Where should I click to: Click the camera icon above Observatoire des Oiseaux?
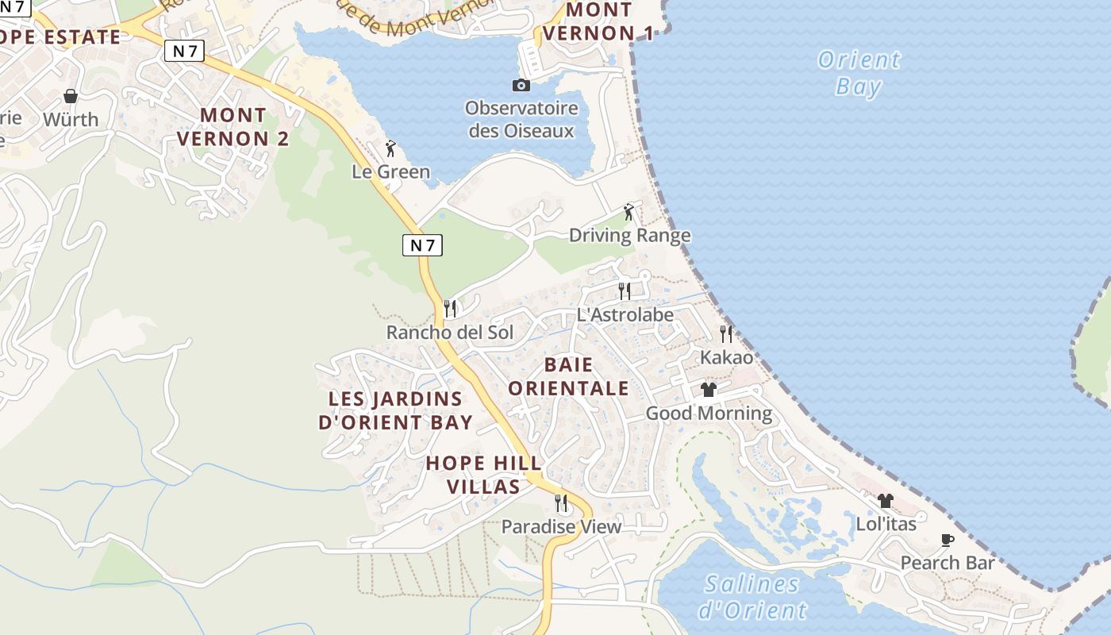[x=521, y=85]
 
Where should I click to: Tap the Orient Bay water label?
[x=859, y=72]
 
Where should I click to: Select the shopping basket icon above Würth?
[x=71, y=96]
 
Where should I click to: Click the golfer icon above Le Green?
[x=390, y=148]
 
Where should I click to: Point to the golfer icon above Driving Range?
[x=629, y=212]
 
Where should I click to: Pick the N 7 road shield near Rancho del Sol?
[x=422, y=245]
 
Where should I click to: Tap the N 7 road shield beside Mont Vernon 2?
[x=185, y=52]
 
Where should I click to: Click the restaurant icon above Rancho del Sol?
[x=450, y=308]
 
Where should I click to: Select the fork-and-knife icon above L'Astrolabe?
[x=625, y=291]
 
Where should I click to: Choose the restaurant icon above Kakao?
[x=726, y=333]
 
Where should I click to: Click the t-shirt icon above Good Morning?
[x=709, y=389]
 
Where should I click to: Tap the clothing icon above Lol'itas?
[x=886, y=500]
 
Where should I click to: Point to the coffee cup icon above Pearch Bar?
[x=948, y=540]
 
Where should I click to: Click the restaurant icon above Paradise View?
[x=561, y=502]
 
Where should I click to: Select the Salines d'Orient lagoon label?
[x=752, y=597]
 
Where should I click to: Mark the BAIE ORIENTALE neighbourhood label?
[x=568, y=376]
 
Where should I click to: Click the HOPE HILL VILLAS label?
[x=483, y=475]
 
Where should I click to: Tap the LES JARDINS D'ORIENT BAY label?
[x=395, y=410]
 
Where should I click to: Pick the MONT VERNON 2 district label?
[x=233, y=127]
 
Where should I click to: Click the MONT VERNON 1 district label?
[x=599, y=21]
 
